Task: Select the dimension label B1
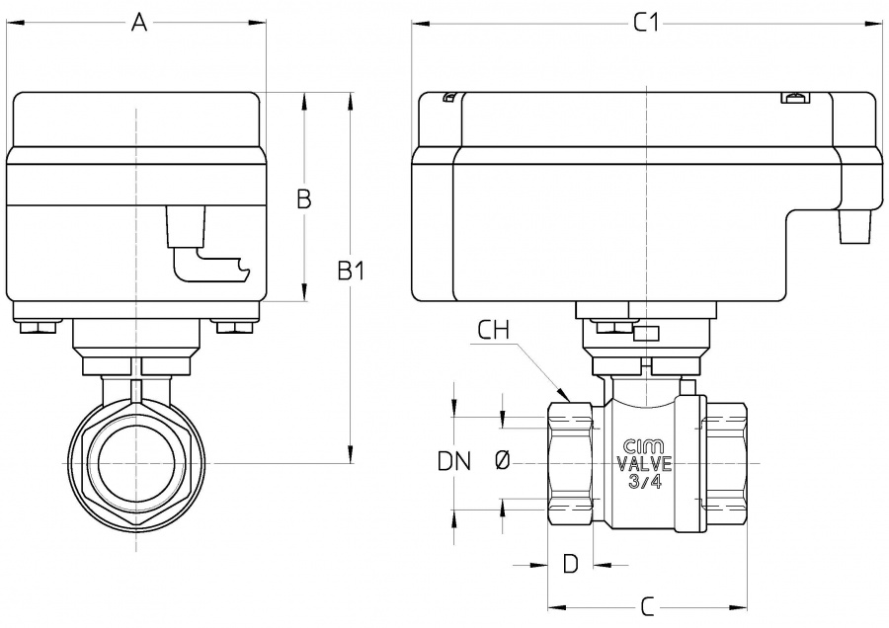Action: coord(352,270)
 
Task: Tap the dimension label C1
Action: coord(645,25)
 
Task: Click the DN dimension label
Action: coord(454,460)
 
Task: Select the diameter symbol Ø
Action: coord(502,460)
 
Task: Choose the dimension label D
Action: coord(570,564)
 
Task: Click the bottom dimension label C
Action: coord(647,604)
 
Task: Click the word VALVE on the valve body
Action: coord(644,464)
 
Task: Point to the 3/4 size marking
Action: coord(644,482)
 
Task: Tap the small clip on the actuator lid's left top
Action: coord(448,97)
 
